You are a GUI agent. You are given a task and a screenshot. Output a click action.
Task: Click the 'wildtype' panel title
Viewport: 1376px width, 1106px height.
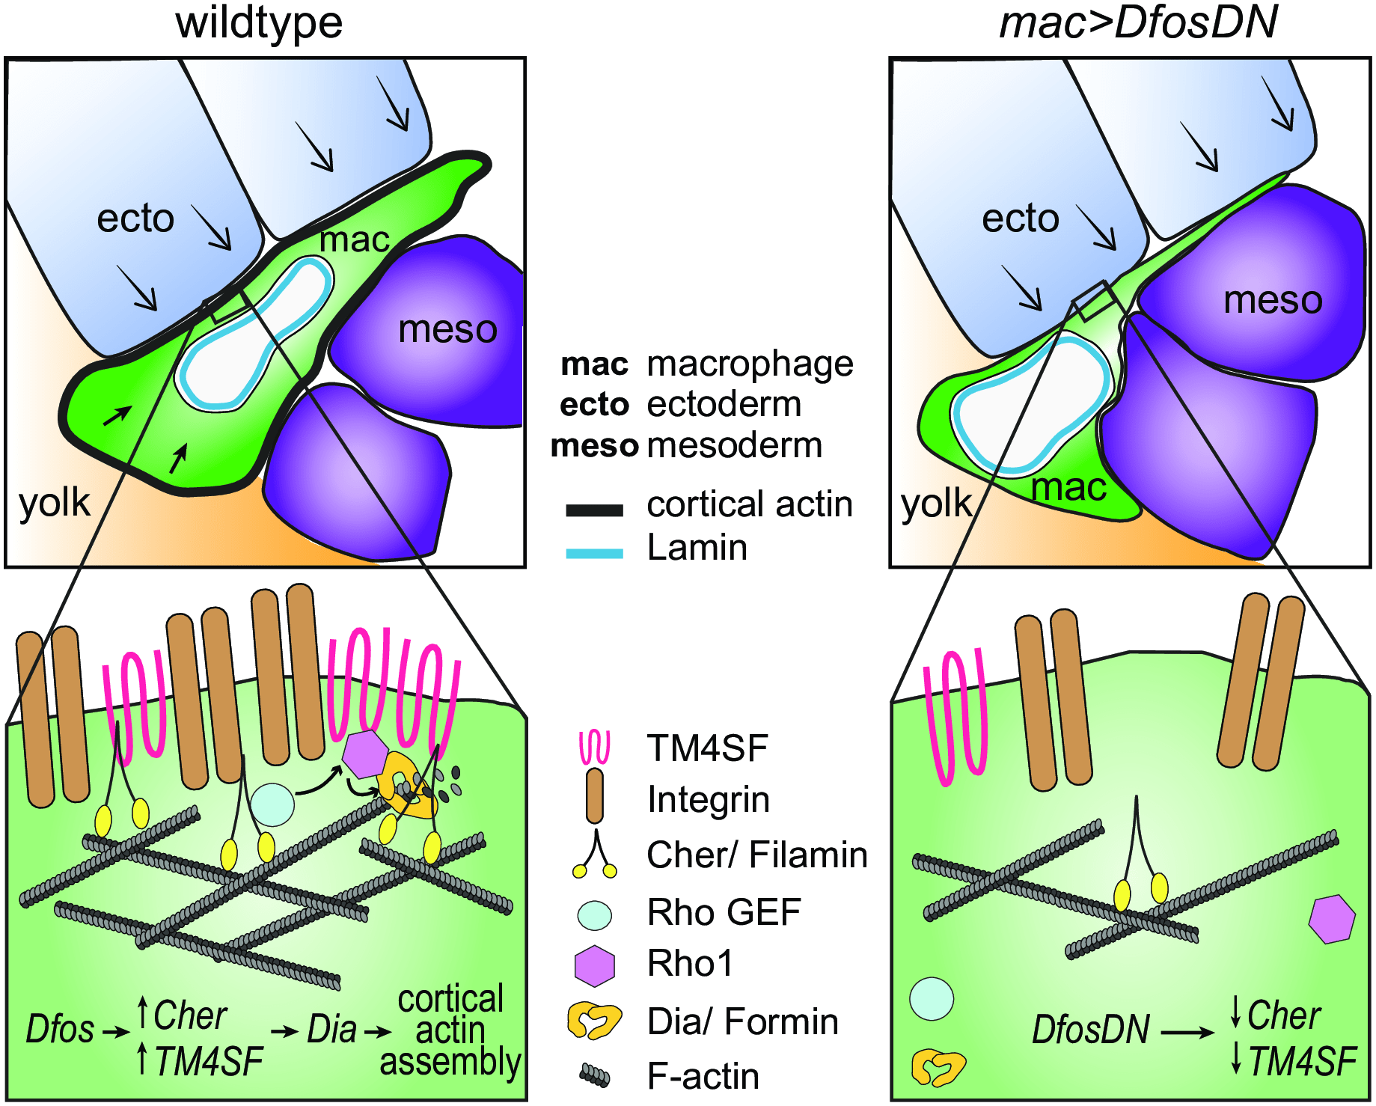259,22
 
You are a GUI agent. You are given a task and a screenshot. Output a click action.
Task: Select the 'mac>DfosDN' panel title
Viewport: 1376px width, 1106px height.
1138,22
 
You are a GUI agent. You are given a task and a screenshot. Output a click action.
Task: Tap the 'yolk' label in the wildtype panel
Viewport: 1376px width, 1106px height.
54,503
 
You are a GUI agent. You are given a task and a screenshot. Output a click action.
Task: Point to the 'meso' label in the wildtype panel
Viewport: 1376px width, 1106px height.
447,329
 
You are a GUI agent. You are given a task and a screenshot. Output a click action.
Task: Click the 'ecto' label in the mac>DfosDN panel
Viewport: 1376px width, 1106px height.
1020,219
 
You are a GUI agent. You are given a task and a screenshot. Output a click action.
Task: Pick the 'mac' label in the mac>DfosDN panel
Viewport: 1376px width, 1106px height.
1068,488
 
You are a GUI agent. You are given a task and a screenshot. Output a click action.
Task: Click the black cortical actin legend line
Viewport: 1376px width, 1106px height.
594,510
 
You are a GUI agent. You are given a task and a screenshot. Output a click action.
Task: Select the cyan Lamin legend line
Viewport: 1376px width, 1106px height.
594,554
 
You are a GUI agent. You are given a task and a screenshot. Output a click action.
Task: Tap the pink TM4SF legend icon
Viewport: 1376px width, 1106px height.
595,748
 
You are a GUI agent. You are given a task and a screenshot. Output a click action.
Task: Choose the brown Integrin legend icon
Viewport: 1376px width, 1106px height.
595,796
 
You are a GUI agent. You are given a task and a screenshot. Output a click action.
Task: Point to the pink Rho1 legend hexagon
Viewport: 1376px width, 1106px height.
595,965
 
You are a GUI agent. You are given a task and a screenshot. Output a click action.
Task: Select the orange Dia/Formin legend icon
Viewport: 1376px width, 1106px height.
594,1021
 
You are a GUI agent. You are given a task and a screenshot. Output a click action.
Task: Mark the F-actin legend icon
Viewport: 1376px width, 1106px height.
595,1076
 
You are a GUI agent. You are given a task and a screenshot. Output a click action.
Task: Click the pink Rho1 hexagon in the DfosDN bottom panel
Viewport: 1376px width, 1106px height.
1332,919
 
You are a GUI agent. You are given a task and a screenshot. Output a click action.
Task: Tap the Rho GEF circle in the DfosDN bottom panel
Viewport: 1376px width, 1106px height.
932,998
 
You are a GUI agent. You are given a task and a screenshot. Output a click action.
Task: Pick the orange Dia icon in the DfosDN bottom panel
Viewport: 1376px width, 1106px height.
938,1067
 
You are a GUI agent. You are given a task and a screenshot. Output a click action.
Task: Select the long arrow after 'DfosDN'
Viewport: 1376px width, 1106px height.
1188,1033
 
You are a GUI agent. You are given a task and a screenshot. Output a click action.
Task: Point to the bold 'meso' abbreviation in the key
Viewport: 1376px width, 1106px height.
594,446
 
